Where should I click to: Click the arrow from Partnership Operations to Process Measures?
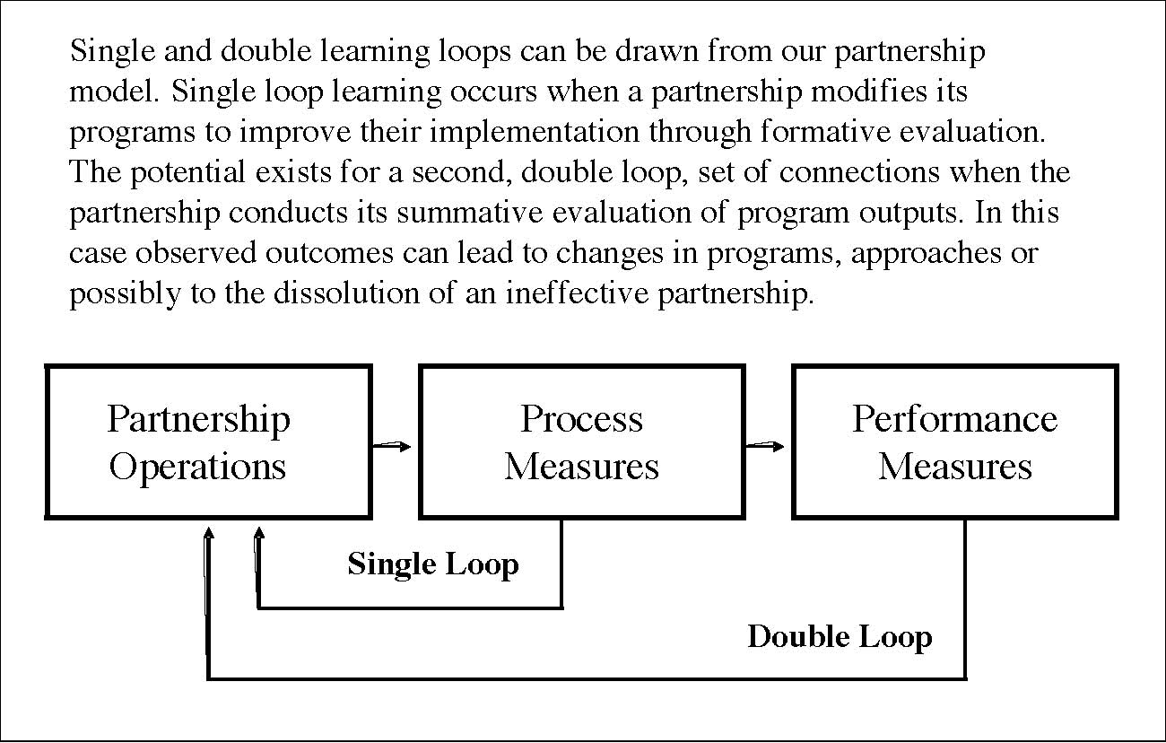392,446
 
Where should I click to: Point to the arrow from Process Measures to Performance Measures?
765,446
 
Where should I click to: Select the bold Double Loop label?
840,637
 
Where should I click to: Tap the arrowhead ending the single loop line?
258,533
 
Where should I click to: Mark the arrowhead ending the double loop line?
209,533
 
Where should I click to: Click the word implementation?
534,132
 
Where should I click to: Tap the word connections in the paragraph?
859,172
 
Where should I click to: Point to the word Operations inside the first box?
198,468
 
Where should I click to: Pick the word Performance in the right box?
954,419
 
